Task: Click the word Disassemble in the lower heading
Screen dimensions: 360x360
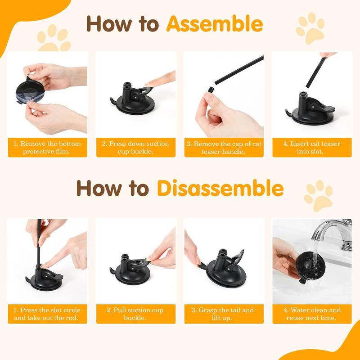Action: [x=220, y=188]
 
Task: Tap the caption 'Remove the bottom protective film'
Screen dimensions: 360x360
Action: [x=47, y=148]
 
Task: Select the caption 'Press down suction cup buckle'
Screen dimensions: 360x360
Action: [x=135, y=148]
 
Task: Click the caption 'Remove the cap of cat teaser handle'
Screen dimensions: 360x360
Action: [x=224, y=148]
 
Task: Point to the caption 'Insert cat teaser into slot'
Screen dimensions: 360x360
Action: [x=312, y=148]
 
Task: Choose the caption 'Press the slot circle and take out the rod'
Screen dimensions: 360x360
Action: [x=47, y=314]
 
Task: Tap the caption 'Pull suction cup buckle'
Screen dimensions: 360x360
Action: [x=135, y=314]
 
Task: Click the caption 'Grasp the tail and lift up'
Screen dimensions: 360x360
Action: [x=224, y=314]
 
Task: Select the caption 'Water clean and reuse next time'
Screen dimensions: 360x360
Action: [x=312, y=314]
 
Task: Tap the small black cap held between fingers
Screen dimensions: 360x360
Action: [x=208, y=90]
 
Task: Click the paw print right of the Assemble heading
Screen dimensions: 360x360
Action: [x=310, y=28]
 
